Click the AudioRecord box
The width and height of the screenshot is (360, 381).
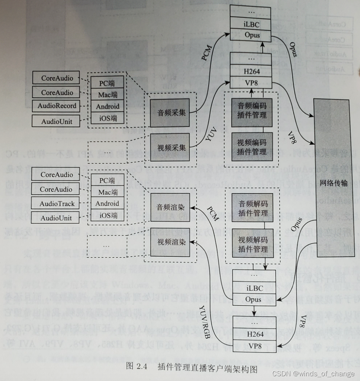[x=56, y=106]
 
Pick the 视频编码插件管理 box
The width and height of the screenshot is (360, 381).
[x=252, y=147]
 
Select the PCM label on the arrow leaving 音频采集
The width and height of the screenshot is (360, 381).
[x=207, y=53]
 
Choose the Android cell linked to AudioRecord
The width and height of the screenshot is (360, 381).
[x=108, y=107]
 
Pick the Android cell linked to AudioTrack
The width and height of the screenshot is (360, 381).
[x=107, y=203]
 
